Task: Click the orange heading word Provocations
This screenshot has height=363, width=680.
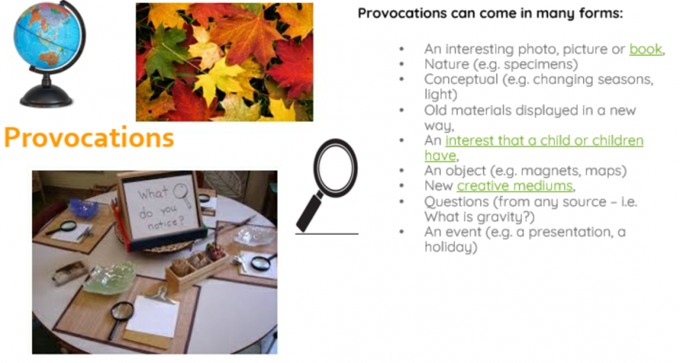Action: (89, 137)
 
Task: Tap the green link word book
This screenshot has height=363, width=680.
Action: (646, 49)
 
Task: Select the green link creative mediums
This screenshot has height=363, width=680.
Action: (515, 186)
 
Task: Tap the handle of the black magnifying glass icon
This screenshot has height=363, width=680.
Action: (310, 212)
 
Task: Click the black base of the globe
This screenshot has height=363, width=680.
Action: (46, 96)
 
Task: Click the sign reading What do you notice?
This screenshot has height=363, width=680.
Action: (161, 206)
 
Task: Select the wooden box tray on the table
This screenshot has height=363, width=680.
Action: (197, 267)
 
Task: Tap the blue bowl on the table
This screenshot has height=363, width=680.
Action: (84, 208)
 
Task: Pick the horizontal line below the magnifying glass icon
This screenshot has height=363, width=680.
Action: (327, 234)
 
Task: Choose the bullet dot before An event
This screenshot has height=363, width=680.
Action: (402, 232)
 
